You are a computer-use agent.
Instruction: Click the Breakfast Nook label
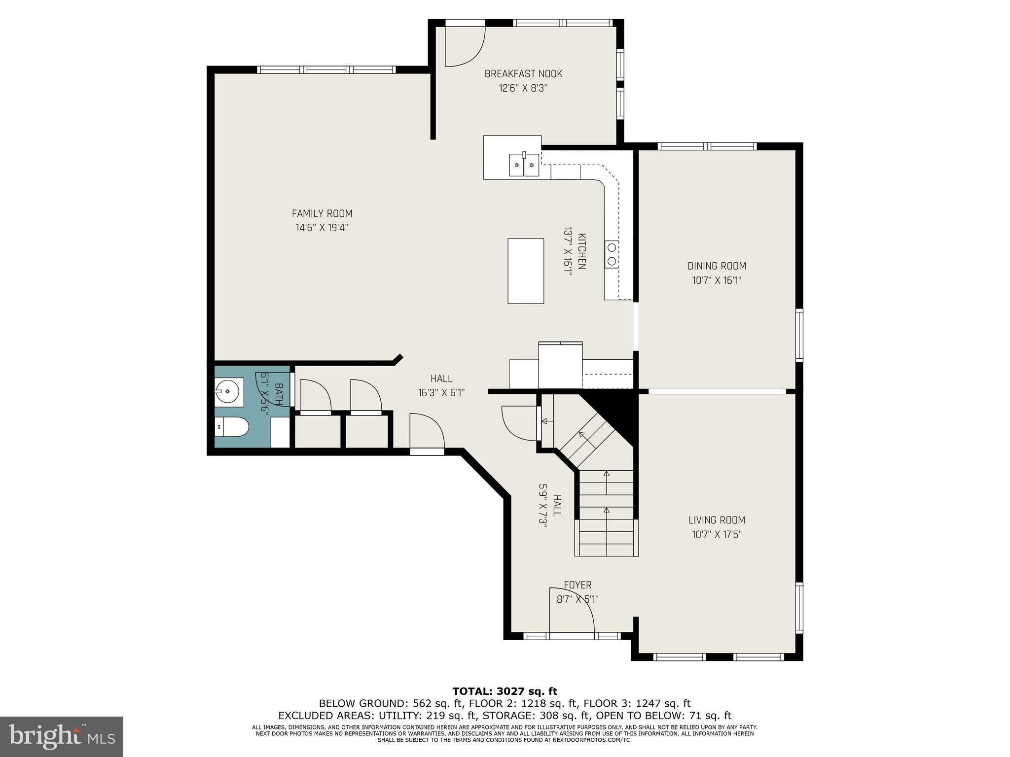point(523,74)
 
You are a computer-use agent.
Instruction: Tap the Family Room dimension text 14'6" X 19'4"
point(322,228)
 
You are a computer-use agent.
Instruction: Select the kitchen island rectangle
point(526,271)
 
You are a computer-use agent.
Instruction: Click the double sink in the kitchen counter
point(524,165)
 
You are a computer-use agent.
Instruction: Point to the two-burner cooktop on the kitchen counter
point(612,254)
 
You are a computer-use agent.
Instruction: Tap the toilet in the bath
point(232,427)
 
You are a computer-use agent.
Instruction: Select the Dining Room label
point(717,266)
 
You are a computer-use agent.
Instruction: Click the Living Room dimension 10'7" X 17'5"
point(717,534)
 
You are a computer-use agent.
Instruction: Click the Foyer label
point(577,585)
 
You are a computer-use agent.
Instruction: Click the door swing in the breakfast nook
point(465,47)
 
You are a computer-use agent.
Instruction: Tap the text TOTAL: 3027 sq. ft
point(505,691)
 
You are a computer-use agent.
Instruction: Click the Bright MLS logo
point(61,736)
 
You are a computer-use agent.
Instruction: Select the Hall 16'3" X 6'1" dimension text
point(441,393)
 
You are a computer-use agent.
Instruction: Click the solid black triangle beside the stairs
point(616,409)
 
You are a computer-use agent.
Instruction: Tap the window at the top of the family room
point(327,69)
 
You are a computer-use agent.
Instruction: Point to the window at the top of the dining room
point(707,146)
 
